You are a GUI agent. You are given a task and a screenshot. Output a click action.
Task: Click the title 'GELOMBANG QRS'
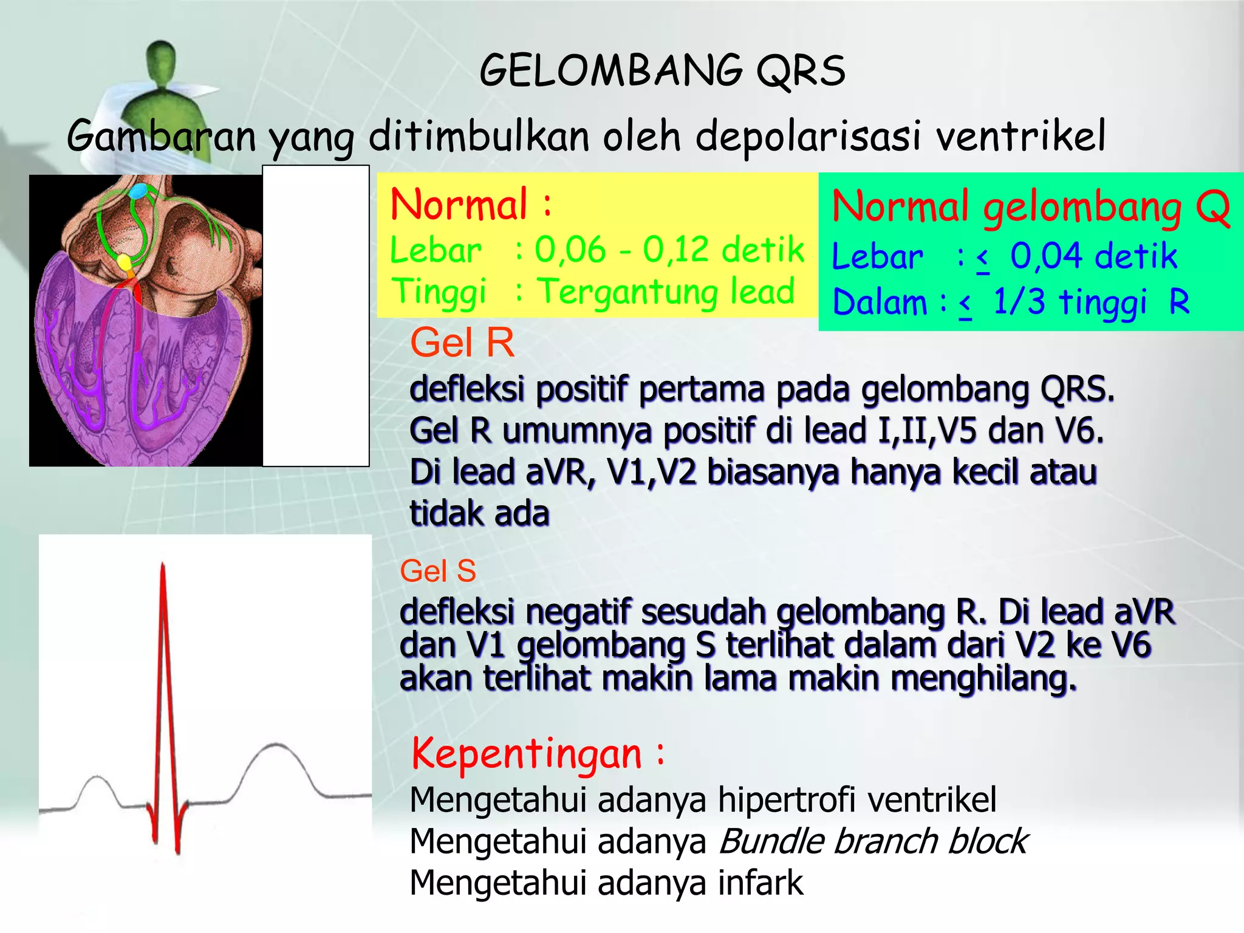tap(662, 70)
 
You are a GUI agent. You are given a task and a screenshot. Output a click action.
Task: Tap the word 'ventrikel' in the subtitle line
tap(1020, 136)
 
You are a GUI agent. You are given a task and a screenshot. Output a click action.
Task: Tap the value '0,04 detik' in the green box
tap(1093, 256)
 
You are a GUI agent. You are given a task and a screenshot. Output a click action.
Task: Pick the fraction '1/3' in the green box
tap(1019, 302)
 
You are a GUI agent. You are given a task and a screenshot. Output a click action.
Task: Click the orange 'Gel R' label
tap(462, 342)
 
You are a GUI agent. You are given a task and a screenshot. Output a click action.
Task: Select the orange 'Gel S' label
tap(438, 571)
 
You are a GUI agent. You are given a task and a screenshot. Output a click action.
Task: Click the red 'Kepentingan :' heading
tap(538, 753)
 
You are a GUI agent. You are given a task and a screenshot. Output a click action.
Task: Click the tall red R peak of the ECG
tap(163, 583)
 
